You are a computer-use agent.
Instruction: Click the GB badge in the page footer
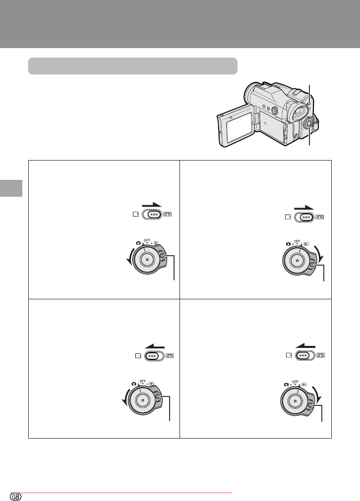click(16, 497)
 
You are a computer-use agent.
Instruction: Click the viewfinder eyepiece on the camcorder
click(298, 112)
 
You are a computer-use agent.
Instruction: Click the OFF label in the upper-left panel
click(147, 240)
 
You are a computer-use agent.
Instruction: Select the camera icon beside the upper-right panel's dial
click(288, 244)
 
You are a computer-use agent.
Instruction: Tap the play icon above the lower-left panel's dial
click(152, 384)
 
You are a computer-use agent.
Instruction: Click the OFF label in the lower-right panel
click(295, 382)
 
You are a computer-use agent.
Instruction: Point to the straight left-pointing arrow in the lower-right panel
click(305, 345)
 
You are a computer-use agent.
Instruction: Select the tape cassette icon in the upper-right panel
click(320, 217)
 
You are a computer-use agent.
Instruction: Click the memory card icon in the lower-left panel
click(138, 356)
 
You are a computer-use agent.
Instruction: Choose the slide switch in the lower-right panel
click(305, 355)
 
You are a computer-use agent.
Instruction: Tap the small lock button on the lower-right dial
click(311, 405)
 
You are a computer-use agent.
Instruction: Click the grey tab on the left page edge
click(11, 188)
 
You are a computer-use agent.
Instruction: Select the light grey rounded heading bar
click(133, 66)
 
